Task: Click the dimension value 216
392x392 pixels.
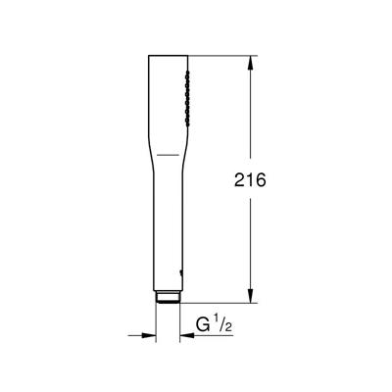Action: click(252, 180)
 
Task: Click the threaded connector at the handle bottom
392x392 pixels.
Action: click(168, 295)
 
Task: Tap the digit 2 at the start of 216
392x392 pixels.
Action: click(237, 180)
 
